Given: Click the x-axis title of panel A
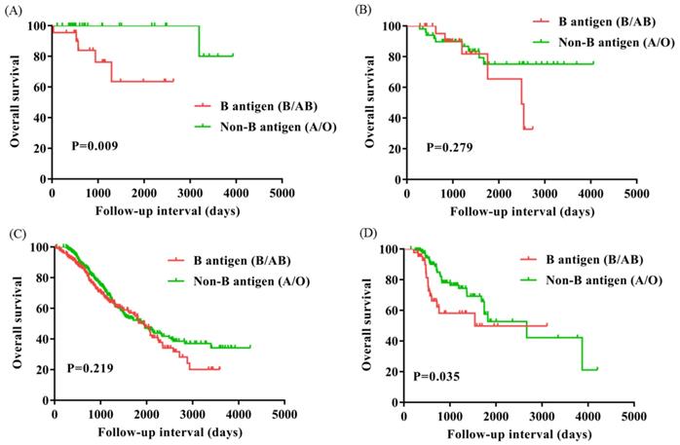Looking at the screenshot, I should pyautogui.click(x=167, y=208).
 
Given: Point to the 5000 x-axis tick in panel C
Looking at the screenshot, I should pyautogui.click(x=284, y=415).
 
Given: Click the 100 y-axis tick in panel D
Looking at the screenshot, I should pyautogui.click(x=387, y=249).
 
